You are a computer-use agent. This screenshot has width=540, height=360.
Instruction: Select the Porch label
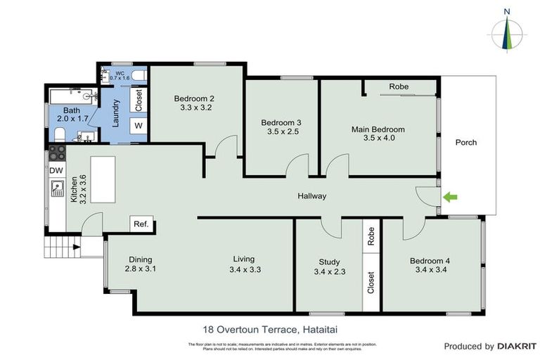point(465,143)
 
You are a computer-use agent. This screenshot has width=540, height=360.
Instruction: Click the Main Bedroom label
point(378,129)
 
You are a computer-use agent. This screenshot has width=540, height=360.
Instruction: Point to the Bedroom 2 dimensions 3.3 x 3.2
point(195,108)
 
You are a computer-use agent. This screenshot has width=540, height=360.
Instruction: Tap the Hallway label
point(311,196)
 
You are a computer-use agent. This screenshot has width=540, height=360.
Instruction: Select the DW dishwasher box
point(56,170)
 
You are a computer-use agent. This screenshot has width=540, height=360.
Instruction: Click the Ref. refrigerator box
point(141,224)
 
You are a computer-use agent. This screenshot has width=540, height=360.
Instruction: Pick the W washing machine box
point(139,125)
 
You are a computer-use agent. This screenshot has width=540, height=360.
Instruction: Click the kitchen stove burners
point(56,153)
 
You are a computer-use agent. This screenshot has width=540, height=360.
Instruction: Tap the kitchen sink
point(56,188)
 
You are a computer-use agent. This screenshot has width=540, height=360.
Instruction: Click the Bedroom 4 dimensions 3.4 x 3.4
point(430,270)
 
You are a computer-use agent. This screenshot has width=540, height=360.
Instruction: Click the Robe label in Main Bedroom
point(399,87)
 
